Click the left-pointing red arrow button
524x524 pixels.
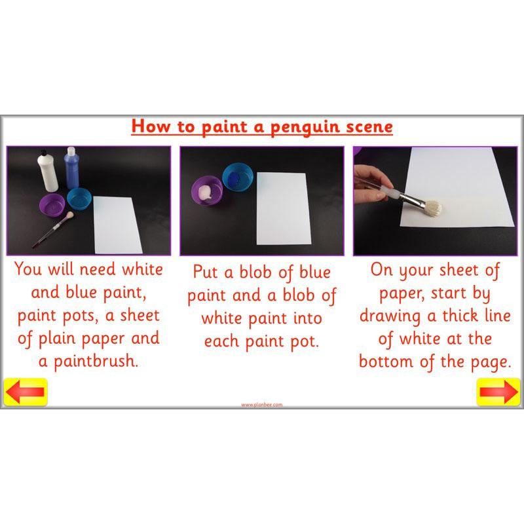[x=25, y=392]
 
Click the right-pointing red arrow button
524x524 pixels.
[x=498, y=392]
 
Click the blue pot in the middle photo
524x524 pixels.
[x=237, y=177]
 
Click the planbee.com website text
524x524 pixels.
[x=262, y=405]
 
